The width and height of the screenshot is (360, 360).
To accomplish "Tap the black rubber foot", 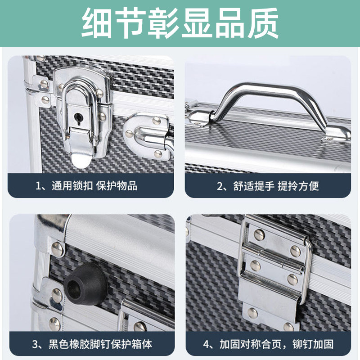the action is point(86,284).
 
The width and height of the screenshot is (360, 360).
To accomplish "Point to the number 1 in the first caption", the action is point(38,186).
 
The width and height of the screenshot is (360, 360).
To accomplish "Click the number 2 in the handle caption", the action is point(220,186).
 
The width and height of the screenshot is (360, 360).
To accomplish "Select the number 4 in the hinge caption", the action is point(206,344).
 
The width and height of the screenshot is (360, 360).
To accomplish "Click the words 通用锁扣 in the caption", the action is point(72,186).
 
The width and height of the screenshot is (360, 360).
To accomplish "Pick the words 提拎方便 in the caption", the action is point(298,186).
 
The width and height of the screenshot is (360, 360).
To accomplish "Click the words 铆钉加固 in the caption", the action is point(313,344).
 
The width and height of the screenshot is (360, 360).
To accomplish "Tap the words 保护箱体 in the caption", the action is point(131,344).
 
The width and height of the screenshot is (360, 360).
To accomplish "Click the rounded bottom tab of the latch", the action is point(81,161).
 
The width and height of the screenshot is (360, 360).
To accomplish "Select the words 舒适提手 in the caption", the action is point(254,186).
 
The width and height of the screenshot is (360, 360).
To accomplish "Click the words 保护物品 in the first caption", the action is point(117,186).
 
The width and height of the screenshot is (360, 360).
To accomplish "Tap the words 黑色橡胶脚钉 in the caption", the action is point(80,344).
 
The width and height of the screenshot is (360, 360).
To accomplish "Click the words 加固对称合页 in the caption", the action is point(251,344).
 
